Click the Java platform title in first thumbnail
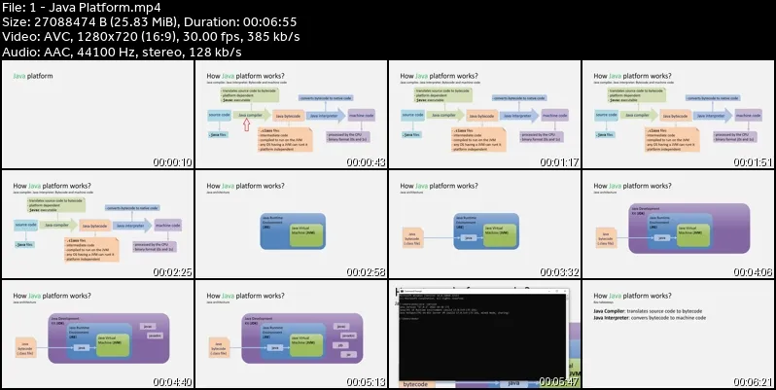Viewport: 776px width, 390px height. point(33,75)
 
